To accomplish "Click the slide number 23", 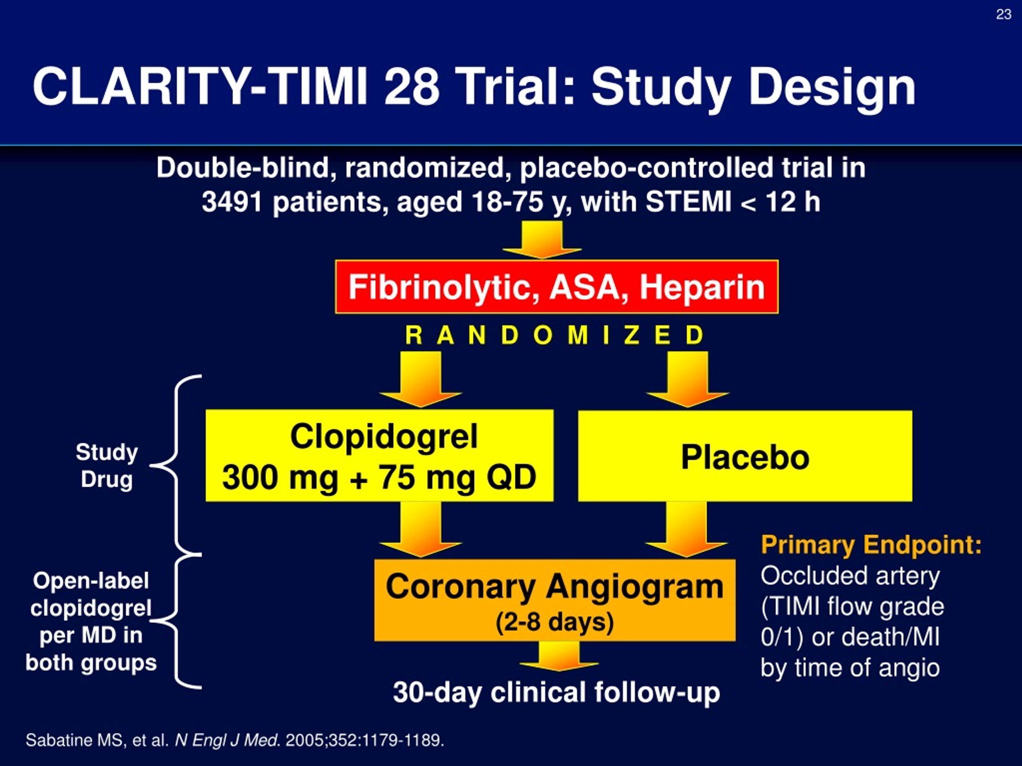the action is click(1004, 15).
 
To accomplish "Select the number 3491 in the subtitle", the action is click(232, 202).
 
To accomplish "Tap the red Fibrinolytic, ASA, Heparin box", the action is click(557, 287).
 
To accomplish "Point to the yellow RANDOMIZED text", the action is click(555, 335).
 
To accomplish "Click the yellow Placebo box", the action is click(745, 456).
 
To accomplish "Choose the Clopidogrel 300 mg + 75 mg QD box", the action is click(379, 455).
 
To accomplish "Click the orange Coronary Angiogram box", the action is click(555, 600).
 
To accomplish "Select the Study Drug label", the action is click(107, 466).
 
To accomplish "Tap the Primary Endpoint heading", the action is click(871, 545).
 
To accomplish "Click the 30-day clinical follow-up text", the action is click(556, 693).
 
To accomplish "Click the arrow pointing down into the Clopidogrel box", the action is click(420, 379).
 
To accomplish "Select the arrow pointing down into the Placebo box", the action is click(687, 379).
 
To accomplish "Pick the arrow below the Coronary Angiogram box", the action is click(559, 655).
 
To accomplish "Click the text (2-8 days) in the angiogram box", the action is click(555, 622).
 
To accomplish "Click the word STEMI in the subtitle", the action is click(688, 202).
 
